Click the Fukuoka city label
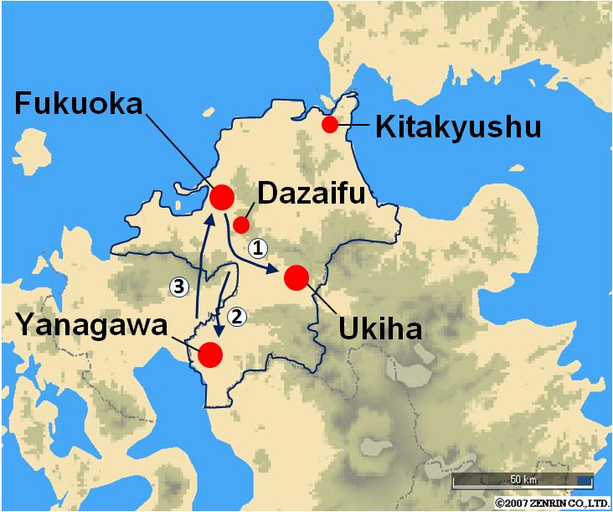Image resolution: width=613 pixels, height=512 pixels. click(x=80, y=105)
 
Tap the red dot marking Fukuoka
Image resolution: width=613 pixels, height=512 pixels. click(x=222, y=198)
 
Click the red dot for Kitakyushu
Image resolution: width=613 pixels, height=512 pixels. click(x=330, y=125)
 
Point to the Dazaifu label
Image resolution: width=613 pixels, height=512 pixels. click(x=311, y=194)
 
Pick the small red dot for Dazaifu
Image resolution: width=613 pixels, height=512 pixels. click(x=241, y=225)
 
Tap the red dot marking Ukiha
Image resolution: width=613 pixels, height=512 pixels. click(x=296, y=277)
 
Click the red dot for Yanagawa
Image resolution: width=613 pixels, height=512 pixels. click(x=209, y=354)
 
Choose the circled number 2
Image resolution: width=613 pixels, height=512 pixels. click(x=237, y=316)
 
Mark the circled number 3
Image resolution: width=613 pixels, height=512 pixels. click(x=177, y=286)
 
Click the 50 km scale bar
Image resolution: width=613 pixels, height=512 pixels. click(x=523, y=483)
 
